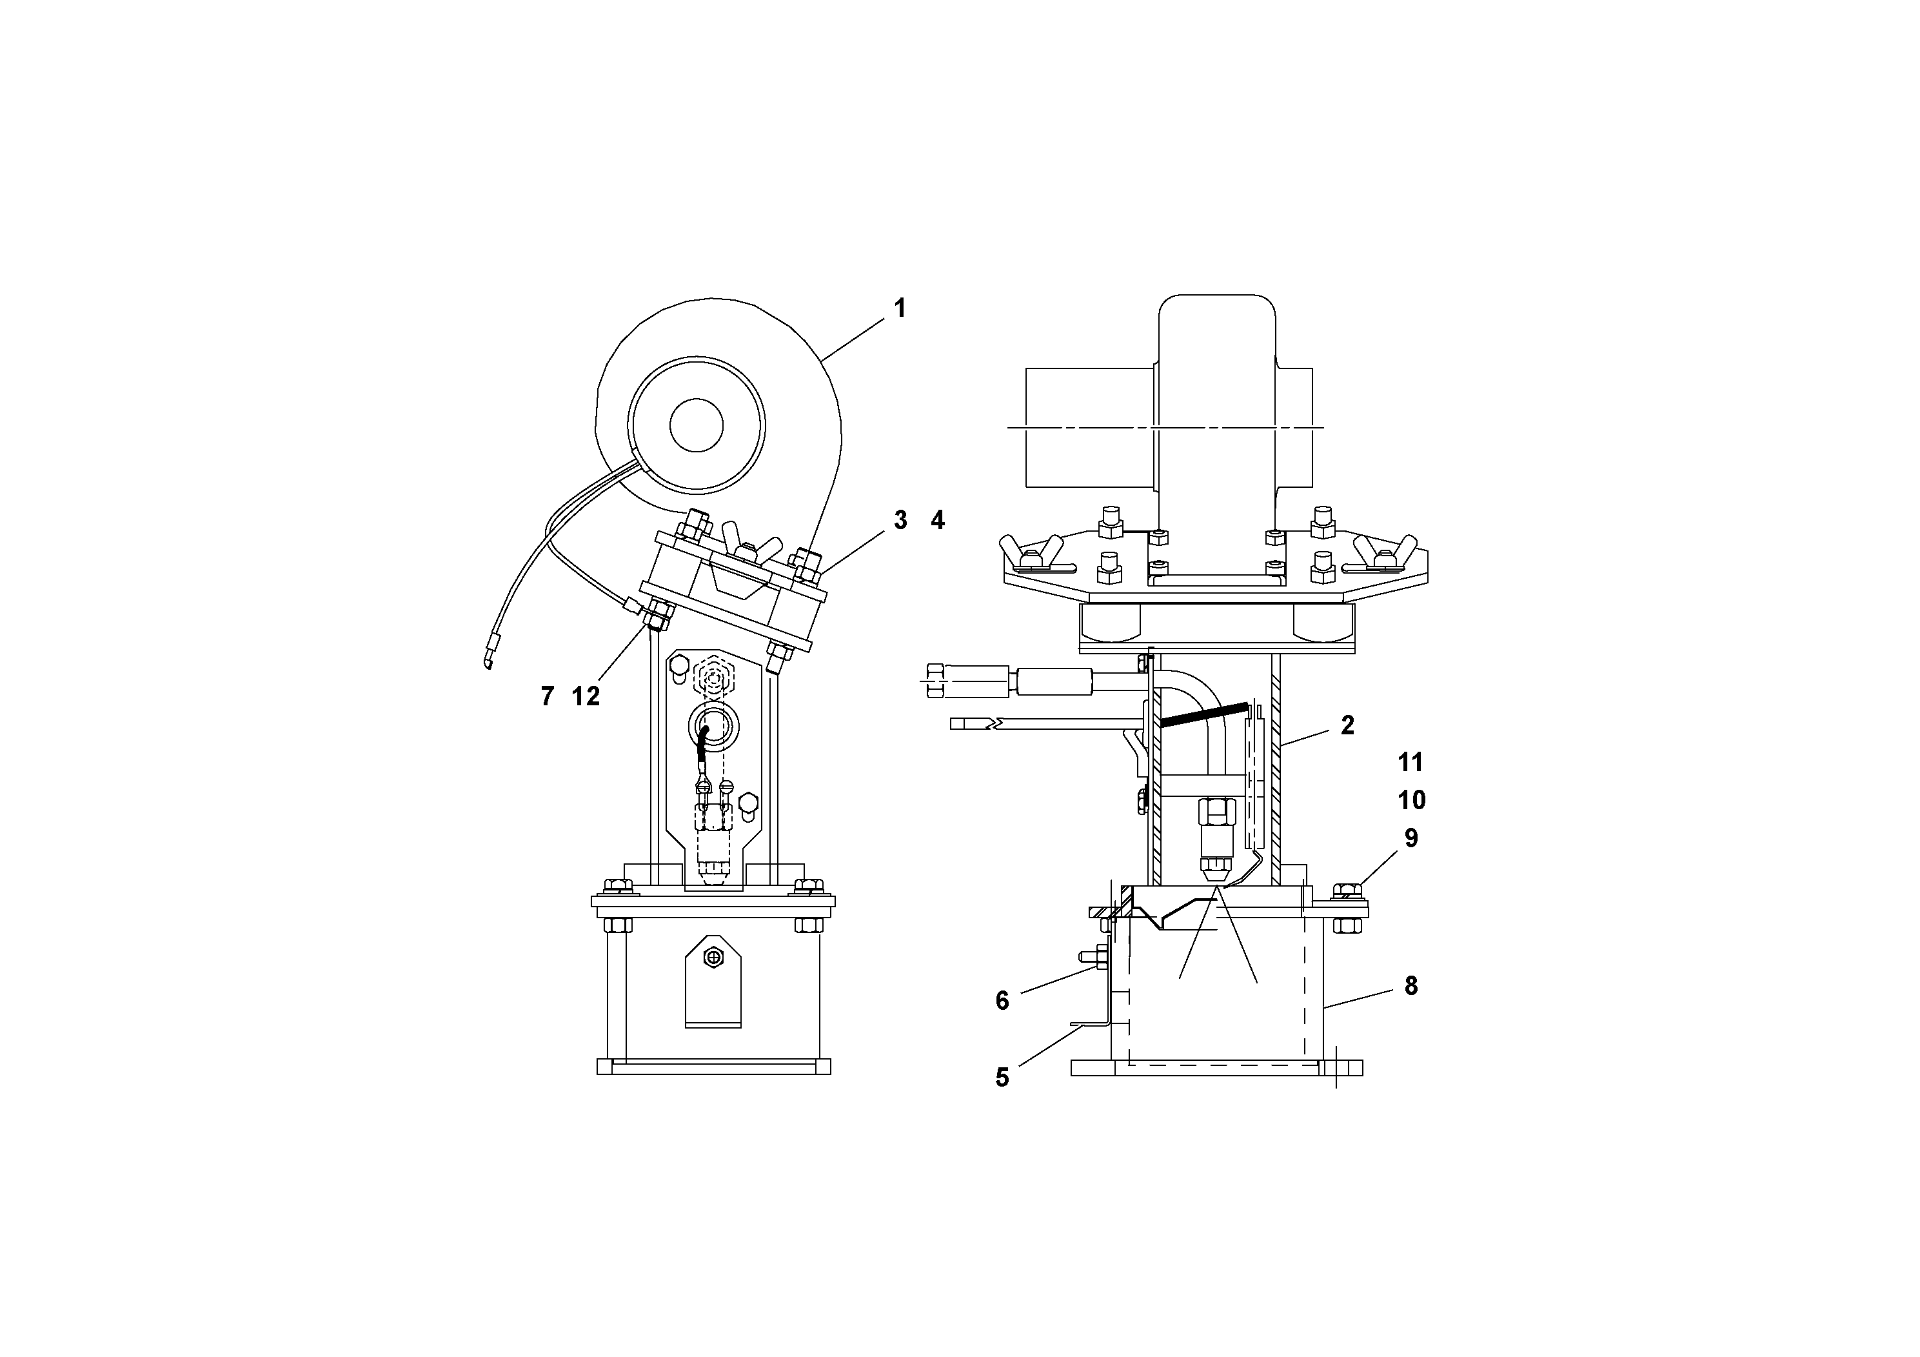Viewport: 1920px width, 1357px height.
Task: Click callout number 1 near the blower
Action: pos(900,308)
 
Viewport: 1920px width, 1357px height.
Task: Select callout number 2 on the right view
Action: pos(1347,725)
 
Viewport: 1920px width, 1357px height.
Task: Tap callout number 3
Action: pos(900,520)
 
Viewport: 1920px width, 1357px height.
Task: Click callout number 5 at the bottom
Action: pos(1002,1078)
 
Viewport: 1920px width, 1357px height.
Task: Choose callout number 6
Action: pos(1002,1001)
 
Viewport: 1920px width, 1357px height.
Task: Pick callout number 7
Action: pos(548,696)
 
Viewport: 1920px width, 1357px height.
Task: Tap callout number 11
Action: pos(1410,762)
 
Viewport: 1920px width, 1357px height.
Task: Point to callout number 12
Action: pos(586,696)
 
